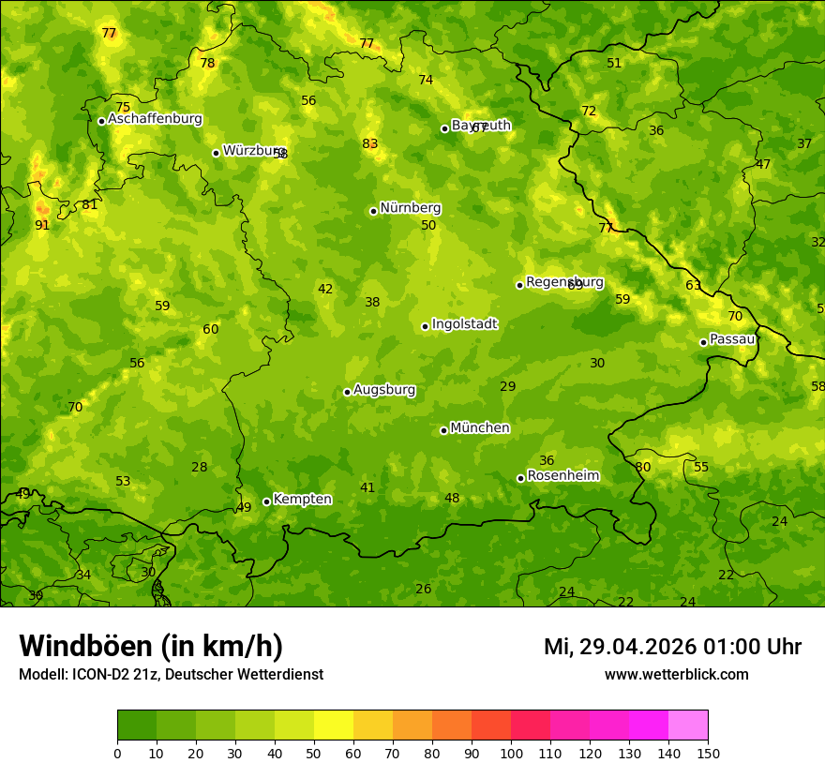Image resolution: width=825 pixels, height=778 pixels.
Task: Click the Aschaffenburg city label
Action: pyautogui.click(x=155, y=119)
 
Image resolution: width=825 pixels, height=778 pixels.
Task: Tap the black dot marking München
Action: pyautogui.click(x=443, y=430)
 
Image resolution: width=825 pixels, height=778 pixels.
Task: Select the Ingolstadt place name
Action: pyautogui.click(x=464, y=324)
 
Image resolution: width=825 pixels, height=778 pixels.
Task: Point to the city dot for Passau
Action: pyautogui.click(x=703, y=342)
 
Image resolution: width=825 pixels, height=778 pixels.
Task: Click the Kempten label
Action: pyautogui.click(x=302, y=500)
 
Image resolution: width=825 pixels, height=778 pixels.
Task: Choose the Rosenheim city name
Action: pyautogui.click(x=562, y=476)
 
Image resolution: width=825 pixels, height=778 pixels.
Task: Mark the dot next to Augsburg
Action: pyautogui.click(x=347, y=392)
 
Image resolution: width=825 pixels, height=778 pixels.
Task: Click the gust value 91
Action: pyautogui.click(x=42, y=225)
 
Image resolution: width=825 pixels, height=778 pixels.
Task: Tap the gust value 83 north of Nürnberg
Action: pyautogui.click(x=370, y=143)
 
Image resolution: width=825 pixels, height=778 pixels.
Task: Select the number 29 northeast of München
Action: pyautogui.click(x=508, y=386)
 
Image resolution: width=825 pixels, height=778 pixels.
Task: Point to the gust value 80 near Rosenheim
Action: pyautogui.click(x=642, y=467)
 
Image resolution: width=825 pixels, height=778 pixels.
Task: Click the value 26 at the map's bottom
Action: pyautogui.click(x=424, y=589)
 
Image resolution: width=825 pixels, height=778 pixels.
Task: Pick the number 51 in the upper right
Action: pyautogui.click(x=614, y=63)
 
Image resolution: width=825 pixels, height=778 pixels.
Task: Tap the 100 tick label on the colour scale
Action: pyautogui.click(x=511, y=753)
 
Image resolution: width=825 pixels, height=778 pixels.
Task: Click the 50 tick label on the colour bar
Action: pyautogui.click(x=314, y=753)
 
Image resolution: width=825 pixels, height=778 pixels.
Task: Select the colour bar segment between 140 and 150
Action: pyautogui.click(x=688, y=725)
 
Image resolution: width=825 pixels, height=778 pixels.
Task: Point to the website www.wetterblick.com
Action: pyautogui.click(x=676, y=675)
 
